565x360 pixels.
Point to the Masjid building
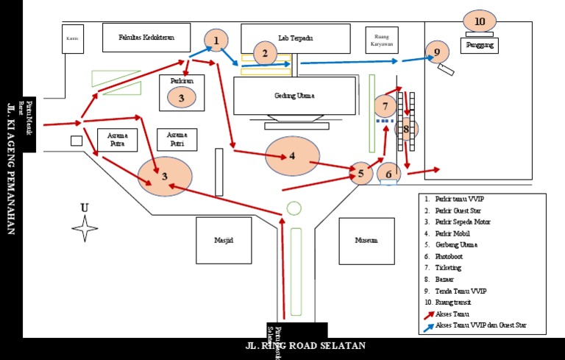click(x=223, y=240)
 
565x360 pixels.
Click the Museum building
click(x=366, y=240)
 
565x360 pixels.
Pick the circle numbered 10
click(x=480, y=21)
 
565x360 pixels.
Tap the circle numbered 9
click(x=436, y=52)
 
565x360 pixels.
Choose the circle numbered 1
click(x=216, y=40)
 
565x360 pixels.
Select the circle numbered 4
click(x=292, y=155)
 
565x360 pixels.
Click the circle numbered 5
click(x=360, y=174)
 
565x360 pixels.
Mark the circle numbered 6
click(x=389, y=174)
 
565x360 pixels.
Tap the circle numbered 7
click(x=385, y=106)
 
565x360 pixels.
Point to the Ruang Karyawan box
click(x=382, y=40)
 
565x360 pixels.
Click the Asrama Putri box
click(x=177, y=140)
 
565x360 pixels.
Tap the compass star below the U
click(x=85, y=228)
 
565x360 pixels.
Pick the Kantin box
click(x=72, y=39)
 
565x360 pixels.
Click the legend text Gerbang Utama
click(x=456, y=244)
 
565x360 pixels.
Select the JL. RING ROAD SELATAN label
click(x=305, y=345)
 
